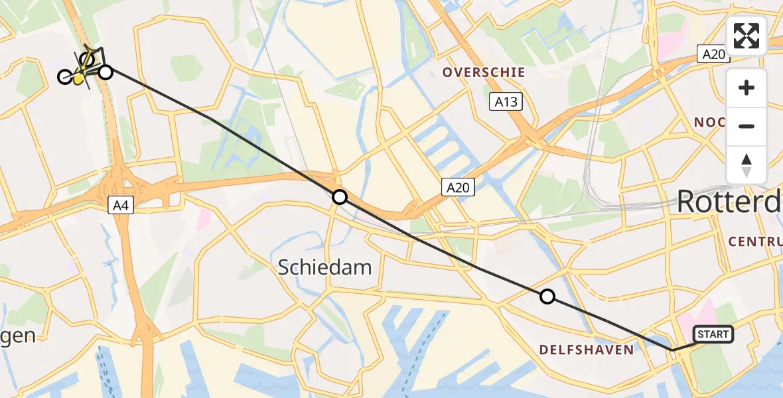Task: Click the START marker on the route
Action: tap(713, 334)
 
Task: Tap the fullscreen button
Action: tap(747, 36)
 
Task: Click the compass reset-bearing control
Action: tap(747, 165)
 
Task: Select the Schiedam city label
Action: tap(324, 267)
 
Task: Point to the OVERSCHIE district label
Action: tap(484, 72)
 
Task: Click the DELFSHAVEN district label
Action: tap(586, 350)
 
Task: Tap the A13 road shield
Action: tap(506, 101)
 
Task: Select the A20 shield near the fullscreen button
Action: tap(713, 54)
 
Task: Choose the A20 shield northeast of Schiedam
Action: tap(457, 188)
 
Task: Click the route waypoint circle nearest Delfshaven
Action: tap(547, 297)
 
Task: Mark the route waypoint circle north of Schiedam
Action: tap(339, 197)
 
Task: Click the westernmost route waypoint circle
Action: tap(64, 77)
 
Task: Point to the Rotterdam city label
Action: tap(729, 202)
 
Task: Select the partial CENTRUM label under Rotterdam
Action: tap(755, 241)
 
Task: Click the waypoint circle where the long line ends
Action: tap(106, 72)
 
